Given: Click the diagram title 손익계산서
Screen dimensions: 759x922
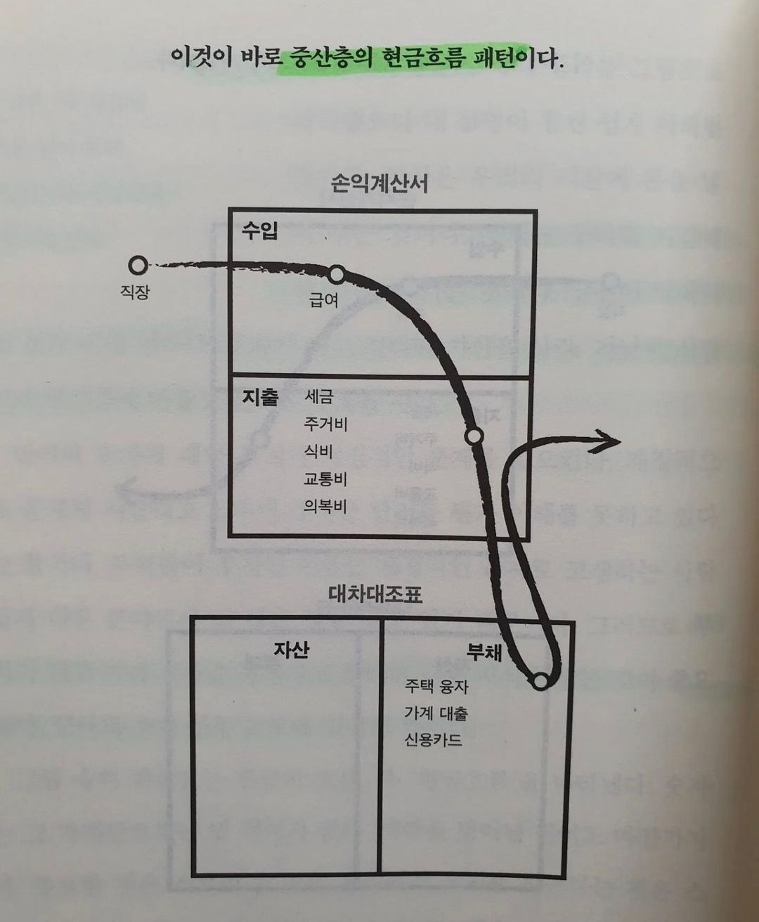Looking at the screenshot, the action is [x=379, y=184].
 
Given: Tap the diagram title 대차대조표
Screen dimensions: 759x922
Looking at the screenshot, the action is [x=375, y=595].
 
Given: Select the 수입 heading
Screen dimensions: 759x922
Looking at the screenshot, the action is [x=260, y=230].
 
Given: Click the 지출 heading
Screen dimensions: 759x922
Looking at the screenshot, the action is [x=260, y=398].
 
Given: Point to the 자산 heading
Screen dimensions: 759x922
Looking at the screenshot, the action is [x=292, y=649].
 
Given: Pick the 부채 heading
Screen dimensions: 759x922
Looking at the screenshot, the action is [x=484, y=652].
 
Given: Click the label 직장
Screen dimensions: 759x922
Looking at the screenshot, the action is [x=135, y=292].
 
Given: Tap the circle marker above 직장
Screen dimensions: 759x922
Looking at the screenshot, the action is [x=138, y=265].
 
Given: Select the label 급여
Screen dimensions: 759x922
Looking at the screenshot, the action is [x=324, y=300].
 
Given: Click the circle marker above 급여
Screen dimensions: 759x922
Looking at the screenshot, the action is [x=337, y=273].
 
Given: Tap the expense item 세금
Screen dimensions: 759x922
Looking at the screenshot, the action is [x=318, y=396].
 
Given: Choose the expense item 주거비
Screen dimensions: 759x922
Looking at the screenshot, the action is [x=325, y=424].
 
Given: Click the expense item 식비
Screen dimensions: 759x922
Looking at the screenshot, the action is [x=318, y=451].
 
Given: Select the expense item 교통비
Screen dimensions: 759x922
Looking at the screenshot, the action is [x=325, y=479].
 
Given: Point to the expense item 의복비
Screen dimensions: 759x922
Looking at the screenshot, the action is [x=325, y=506].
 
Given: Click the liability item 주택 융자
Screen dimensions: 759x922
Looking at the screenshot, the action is [x=436, y=686].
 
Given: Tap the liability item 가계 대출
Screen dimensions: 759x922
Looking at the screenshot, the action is [x=436, y=713].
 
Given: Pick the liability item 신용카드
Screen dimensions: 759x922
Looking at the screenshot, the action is [x=433, y=740].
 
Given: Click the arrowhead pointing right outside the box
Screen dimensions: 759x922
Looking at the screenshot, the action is [x=609, y=441].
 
